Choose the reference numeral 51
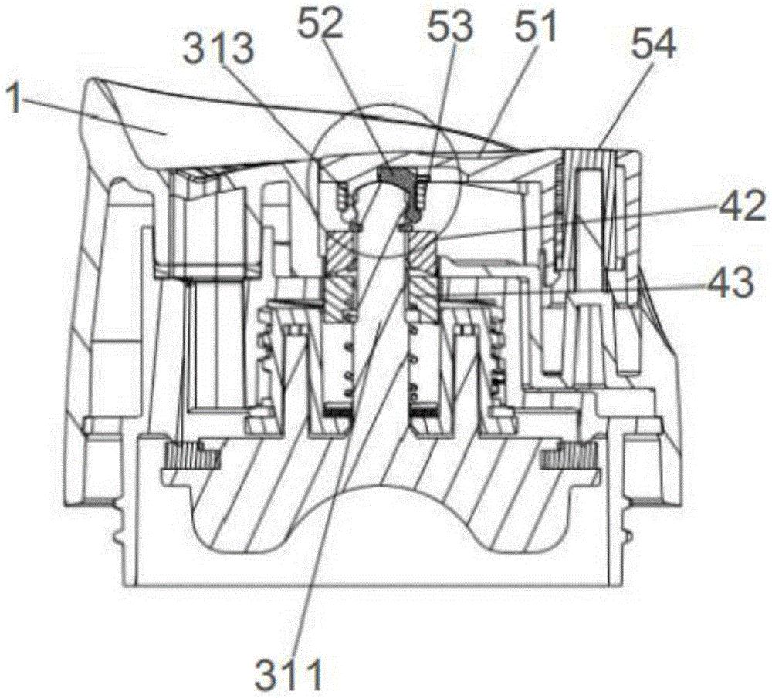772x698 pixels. (x=536, y=31)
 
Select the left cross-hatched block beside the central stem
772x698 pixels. (x=340, y=274)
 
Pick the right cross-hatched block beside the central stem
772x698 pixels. (x=421, y=274)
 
